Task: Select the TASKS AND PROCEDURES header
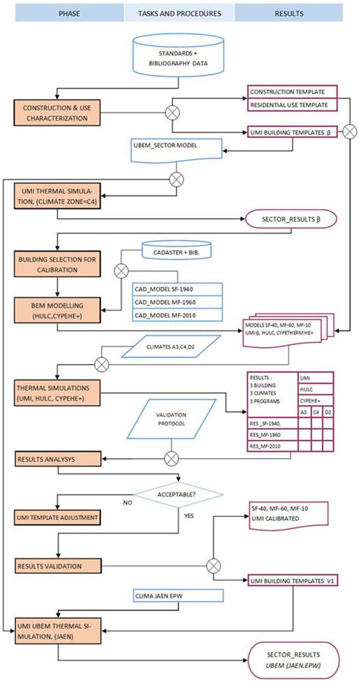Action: coord(178,13)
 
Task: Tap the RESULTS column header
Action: coord(296,13)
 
